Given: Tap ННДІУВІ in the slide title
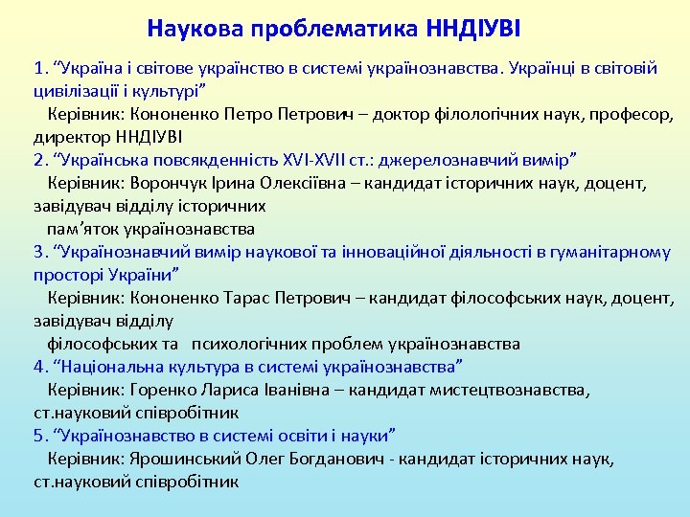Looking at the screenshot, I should click(x=471, y=28).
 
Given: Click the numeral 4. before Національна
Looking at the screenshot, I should click(x=41, y=367).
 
